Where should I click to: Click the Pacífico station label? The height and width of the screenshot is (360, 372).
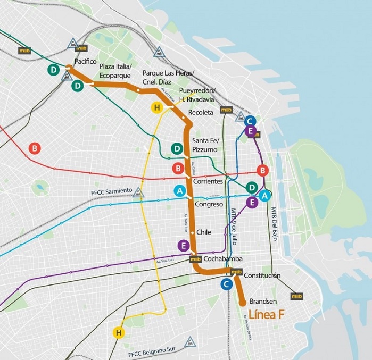[x=86, y=62]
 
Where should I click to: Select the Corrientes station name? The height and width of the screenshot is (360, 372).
[x=208, y=182]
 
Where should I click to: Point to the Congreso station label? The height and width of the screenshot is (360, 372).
[x=209, y=204]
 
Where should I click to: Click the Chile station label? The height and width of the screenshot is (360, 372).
[x=204, y=232]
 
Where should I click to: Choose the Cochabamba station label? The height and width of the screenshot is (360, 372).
[x=223, y=259]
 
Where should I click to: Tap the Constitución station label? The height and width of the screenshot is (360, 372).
[x=262, y=275]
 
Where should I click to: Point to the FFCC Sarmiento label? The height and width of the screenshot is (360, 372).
[x=109, y=191]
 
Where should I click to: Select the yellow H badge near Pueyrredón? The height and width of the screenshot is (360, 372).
[x=156, y=108]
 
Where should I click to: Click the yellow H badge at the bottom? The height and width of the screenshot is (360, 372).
[x=118, y=332]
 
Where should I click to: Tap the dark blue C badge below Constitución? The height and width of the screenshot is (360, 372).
[x=227, y=284]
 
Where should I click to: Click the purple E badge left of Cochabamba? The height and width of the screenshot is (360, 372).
[x=183, y=245]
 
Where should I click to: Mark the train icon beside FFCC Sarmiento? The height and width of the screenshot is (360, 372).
[x=139, y=192]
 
